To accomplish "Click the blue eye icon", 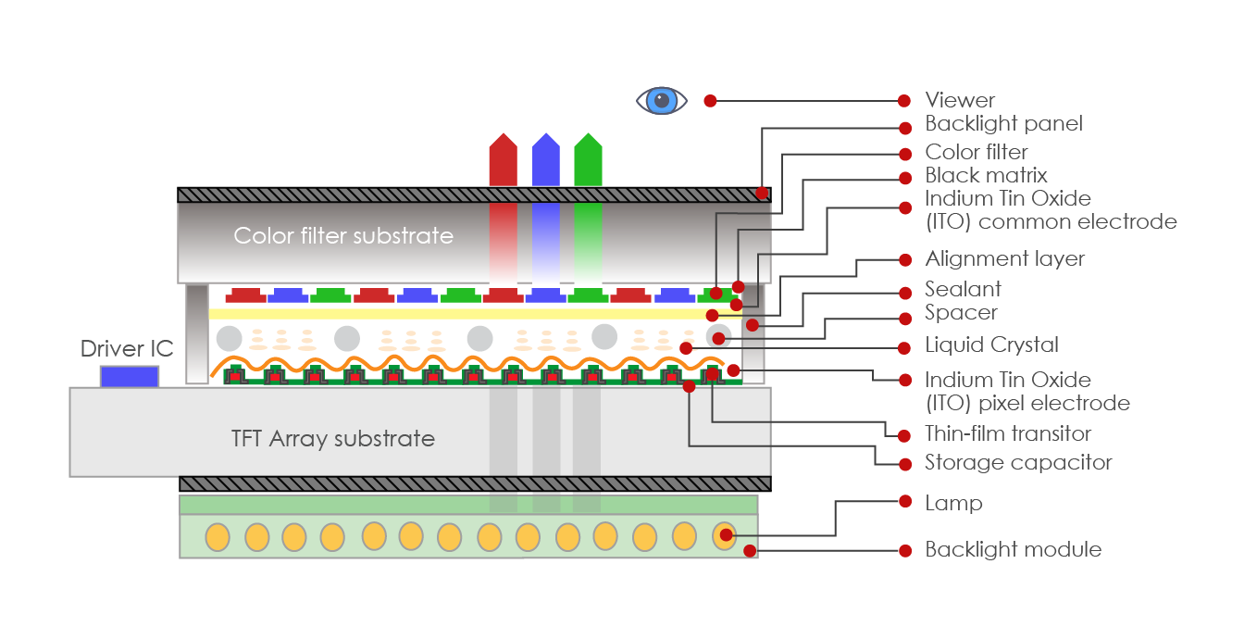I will (661, 100).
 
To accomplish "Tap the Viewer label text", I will (960, 100).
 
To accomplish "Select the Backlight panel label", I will (1003, 123).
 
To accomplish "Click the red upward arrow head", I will (503, 148).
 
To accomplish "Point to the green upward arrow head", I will (588, 148).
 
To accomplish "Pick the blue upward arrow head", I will (546, 148).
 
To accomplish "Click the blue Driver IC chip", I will (130, 376).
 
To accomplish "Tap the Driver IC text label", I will (127, 348).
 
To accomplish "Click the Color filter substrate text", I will (343, 235).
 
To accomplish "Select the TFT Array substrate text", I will (332, 438).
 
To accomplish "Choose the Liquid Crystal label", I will (991, 345).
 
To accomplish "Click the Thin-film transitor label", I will (1008, 433).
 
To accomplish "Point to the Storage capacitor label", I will (1018, 462).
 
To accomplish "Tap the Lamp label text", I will (953, 503).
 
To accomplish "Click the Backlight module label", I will (1013, 550).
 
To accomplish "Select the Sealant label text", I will (963, 289).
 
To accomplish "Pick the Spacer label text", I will (961, 312).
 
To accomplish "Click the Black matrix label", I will (986, 175).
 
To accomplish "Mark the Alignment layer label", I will (1004, 258).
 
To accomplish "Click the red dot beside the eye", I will (710, 100).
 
